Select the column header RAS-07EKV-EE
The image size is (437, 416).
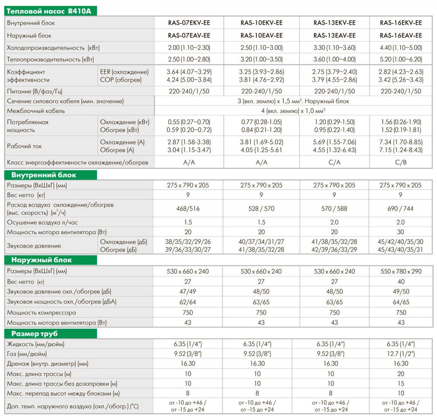189,23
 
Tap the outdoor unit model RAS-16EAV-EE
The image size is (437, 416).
401,35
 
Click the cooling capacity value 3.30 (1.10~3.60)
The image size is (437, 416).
335,48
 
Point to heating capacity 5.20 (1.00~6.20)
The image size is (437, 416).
401,59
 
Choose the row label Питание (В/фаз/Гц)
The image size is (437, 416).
37,91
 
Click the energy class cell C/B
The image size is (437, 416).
401,162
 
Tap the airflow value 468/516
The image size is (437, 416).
189,209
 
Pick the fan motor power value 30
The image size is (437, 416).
401,231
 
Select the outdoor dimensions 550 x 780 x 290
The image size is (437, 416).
401,271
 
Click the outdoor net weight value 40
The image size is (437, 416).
401,281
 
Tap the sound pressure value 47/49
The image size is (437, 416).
189,291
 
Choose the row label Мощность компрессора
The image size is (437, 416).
42,313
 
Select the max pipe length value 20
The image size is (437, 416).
401,374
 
